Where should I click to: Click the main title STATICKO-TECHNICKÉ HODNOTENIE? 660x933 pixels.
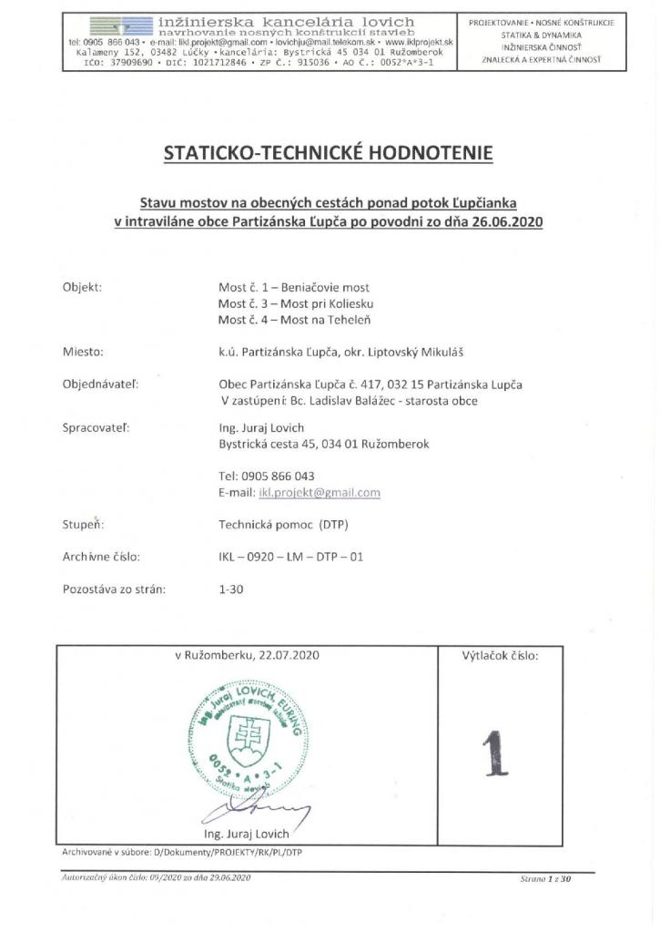pyautogui.click(x=329, y=154)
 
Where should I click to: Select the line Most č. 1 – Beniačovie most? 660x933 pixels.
pyautogui.click(x=293, y=287)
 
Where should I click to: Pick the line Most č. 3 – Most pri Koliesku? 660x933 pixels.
pyautogui.click(x=296, y=303)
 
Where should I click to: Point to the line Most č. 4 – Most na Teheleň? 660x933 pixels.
pyautogui.click(x=295, y=320)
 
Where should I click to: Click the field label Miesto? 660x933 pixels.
pyautogui.click(x=83, y=351)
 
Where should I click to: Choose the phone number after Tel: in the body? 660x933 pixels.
pyautogui.click(x=278, y=477)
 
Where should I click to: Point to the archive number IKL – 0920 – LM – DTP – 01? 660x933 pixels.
pyautogui.click(x=290, y=556)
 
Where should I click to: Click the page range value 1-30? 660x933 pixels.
pyautogui.click(x=231, y=589)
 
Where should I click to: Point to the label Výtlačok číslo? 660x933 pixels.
pyautogui.click(x=500, y=655)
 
